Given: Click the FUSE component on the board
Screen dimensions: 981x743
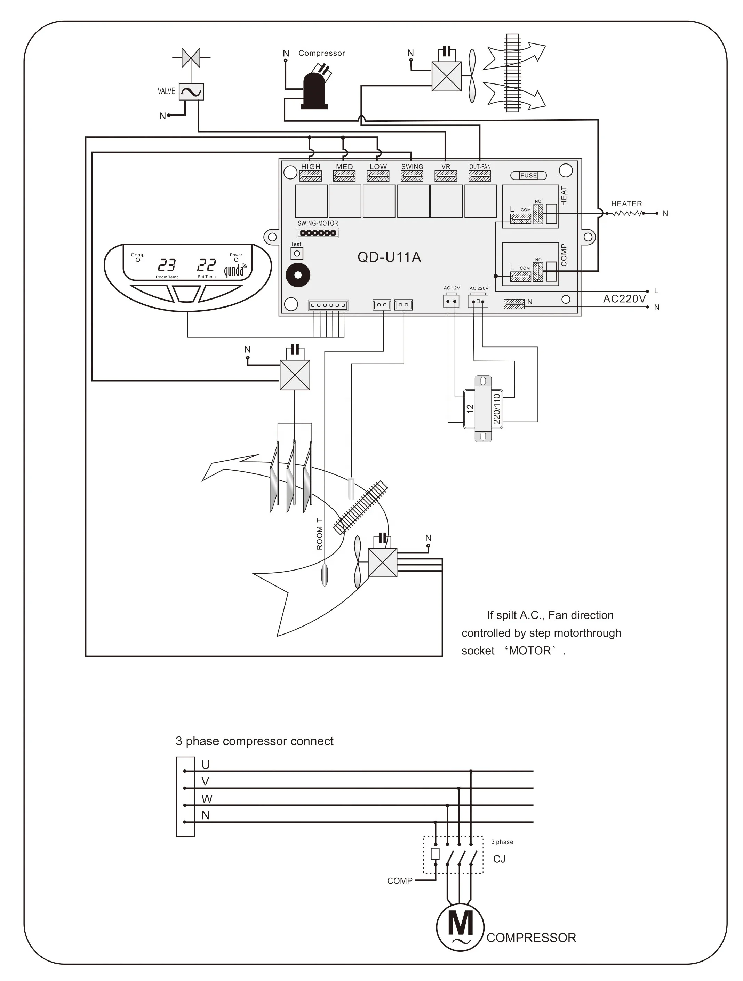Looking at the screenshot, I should point(528,176).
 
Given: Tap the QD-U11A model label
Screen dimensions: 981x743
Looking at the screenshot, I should point(389,257).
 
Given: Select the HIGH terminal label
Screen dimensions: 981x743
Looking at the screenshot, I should point(311,167).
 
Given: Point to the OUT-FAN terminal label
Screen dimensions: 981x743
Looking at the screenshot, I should point(480,167).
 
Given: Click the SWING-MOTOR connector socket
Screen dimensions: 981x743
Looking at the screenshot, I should point(318,233).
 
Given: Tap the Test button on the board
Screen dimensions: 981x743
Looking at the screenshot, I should point(297,254).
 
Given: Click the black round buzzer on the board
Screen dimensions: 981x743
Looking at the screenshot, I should point(298,275).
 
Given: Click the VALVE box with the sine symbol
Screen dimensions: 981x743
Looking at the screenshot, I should point(191,92).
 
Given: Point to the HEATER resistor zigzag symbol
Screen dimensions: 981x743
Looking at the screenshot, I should point(627,213).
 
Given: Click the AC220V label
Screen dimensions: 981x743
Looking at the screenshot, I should point(624,299).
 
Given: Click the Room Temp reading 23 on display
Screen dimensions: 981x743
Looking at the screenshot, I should point(167,265).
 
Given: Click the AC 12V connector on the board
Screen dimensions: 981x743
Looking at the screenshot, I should point(451,302).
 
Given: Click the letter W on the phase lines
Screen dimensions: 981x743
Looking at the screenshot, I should point(207,799).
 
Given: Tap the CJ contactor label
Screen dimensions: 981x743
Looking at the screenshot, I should point(499,859).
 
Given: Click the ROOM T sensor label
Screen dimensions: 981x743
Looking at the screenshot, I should point(319,534).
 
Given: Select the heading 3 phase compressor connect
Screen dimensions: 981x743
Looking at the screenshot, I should point(254,741).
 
